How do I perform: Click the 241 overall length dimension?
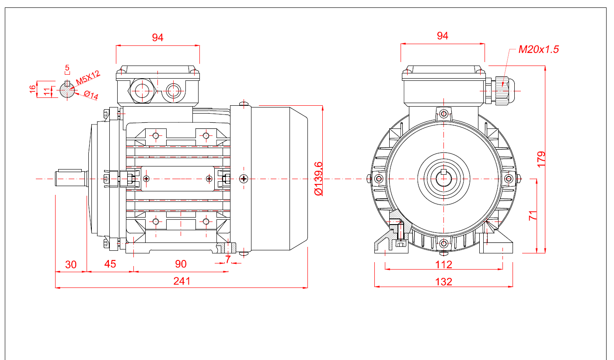(x=182, y=281)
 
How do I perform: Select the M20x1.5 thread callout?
(x=538, y=49)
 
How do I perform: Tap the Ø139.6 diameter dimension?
(x=319, y=178)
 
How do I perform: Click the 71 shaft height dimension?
(x=533, y=215)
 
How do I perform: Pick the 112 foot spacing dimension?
(x=443, y=264)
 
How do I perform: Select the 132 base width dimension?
(x=443, y=282)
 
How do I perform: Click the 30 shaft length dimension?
(x=70, y=264)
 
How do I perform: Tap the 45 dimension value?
(x=110, y=264)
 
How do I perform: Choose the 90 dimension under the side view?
(x=181, y=264)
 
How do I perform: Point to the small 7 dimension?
(x=228, y=259)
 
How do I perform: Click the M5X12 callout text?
(x=87, y=78)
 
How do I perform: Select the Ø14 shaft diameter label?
(x=91, y=95)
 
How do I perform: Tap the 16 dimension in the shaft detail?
(x=32, y=89)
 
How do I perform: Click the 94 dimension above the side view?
(x=157, y=38)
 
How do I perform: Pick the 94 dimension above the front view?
(x=443, y=36)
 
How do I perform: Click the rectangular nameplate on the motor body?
(x=178, y=178)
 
